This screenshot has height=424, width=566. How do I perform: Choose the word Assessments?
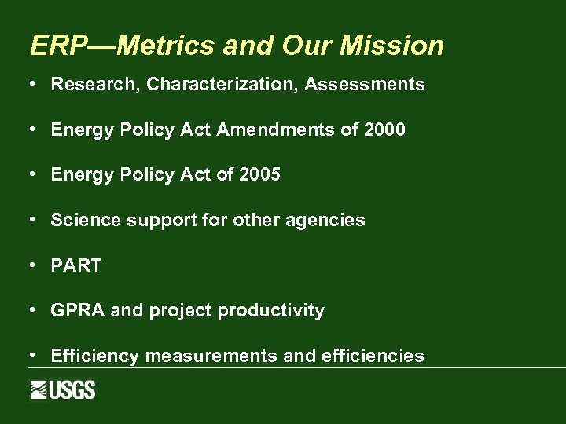[365, 85]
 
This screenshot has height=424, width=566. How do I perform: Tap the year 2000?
[385, 130]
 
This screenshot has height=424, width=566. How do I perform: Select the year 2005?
[259, 174]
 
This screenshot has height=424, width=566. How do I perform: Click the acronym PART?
[76, 265]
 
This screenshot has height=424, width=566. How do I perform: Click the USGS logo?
[63, 389]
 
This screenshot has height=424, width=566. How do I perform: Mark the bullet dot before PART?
[34, 265]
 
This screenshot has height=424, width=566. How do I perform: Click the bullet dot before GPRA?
[34, 310]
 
